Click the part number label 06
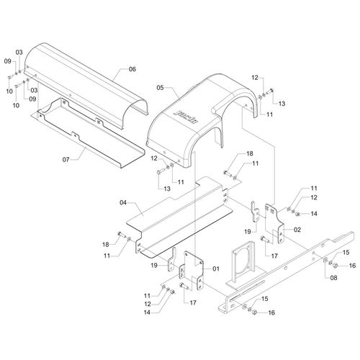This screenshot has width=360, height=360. point(132,69)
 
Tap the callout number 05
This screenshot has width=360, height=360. point(160,88)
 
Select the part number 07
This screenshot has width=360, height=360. point(66,160)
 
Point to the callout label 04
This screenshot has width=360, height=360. point(123,203)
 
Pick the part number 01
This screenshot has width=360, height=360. point(216,269)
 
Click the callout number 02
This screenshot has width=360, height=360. point(297,230)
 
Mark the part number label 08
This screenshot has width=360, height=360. point(333,278)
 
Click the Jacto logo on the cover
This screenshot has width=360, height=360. point(186,117)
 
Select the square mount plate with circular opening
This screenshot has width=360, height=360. point(243,261)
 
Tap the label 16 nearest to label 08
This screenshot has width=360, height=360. point(352,266)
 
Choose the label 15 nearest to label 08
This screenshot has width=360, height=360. point(346,253)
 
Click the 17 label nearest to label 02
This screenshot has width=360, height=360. point(274,256)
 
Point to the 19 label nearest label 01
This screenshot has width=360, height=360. point(154,265)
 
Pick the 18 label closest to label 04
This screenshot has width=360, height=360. point(106,245)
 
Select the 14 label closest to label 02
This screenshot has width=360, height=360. point(314,214)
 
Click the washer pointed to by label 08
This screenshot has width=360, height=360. point(325,261)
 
